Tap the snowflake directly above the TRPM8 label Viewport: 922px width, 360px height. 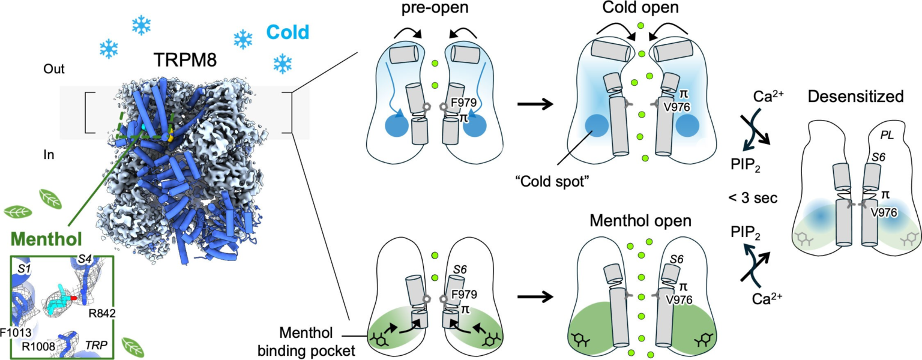(142, 25)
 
